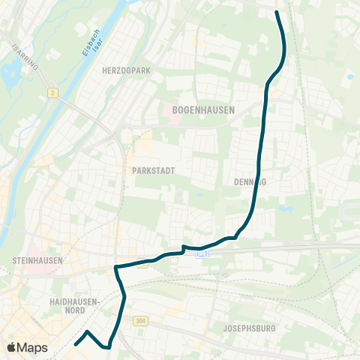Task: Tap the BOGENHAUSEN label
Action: click(x=203, y=109)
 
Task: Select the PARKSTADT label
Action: click(x=153, y=171)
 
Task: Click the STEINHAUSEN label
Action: click(x=37, y=259)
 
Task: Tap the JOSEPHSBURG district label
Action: click(x=250, y=328)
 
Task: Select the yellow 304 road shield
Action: click(x=141, y=321)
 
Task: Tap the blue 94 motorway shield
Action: click(x=201, y=254)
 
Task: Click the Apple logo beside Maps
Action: click(x=11, y=348)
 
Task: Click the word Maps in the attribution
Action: click(x=33, y=348)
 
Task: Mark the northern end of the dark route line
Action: click(x=277, y=12)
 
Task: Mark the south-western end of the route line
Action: click(x=76, y=345)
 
